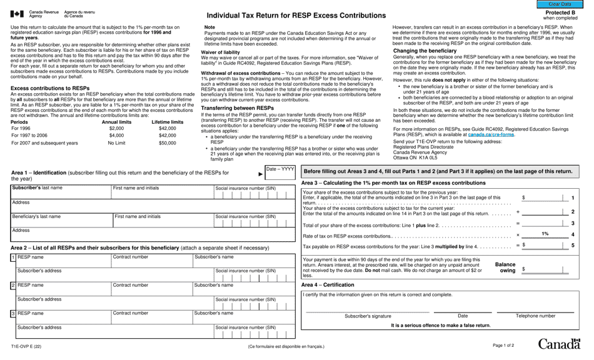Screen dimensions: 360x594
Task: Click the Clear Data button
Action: [x=560, y=4]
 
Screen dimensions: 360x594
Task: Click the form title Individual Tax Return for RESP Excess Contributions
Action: [x=296, y=16]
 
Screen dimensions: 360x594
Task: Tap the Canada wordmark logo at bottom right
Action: [x=558, y=344]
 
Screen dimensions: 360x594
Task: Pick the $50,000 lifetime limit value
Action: [x=167, y=143]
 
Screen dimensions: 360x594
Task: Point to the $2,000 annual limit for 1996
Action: [x=116, y=128]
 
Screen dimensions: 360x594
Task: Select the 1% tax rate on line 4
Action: [x=545, y=234]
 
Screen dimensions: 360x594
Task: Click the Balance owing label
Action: [x=505, y=268]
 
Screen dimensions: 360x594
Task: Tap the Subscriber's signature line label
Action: [x=368, y=316]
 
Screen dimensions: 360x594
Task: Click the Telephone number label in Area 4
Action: [x=535, y=316]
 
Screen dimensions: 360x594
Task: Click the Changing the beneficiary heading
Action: [x=425, y=51]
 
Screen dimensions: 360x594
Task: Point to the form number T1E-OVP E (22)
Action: [x=26, y=346]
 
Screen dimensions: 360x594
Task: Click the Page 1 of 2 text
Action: [x=503, y=346]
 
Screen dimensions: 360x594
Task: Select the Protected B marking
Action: [x=560, y=12]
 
